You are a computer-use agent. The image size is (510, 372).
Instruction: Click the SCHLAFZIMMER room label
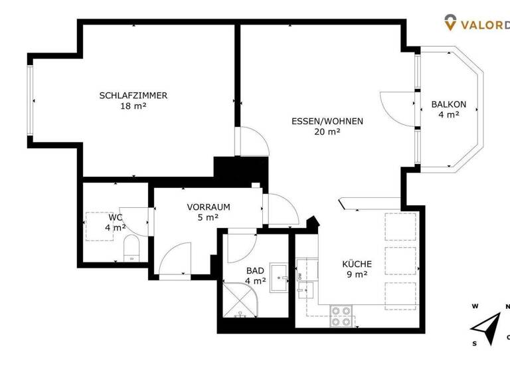(133, 96)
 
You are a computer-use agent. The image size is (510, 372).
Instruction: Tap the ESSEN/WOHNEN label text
(327, 122)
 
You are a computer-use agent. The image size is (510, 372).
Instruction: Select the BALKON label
(448, 104)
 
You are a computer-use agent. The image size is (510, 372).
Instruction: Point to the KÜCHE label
(357, 264)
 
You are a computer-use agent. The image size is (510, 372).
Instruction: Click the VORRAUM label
(208, 207)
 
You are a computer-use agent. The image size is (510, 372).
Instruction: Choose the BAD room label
(255, 271)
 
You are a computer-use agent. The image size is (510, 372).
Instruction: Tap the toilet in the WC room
(131, 249)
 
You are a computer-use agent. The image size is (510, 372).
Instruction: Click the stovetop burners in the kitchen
(341, 315)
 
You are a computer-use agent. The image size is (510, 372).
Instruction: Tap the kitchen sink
(306, 289)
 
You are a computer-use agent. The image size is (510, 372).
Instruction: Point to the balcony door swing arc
(395, 106)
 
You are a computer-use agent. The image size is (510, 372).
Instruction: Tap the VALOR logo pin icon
(450, 23)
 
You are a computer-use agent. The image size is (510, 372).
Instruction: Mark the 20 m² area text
(327, 132)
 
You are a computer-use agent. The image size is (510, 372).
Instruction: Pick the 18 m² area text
(133, 106)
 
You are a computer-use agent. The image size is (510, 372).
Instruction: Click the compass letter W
(475, 306)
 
